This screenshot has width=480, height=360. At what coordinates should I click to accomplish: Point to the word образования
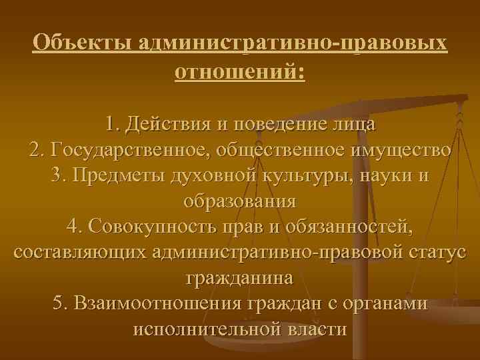tap(239, 201)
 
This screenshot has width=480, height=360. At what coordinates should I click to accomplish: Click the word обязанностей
tap(349, 227)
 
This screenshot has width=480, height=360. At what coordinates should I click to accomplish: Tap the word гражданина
tap(239, 278)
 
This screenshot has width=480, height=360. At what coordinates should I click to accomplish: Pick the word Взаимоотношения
tap(157, 304)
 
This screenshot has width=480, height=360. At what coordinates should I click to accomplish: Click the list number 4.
tap(72, 227)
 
